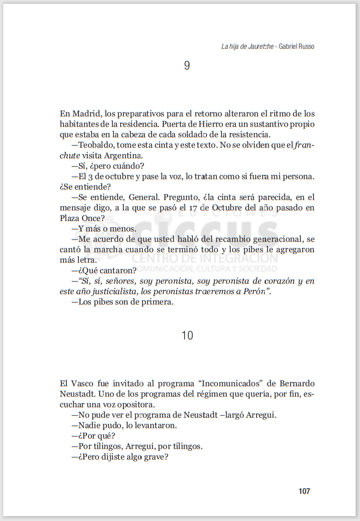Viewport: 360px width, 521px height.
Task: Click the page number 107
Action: pos(304,491)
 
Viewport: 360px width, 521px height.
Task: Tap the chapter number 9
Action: pos(187,66)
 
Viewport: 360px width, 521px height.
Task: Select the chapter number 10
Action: pos(187,336)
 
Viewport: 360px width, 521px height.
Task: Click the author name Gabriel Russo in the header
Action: pos(296,47)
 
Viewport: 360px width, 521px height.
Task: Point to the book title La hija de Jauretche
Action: pos(247,47)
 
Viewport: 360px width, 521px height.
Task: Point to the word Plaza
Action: pos(70,218)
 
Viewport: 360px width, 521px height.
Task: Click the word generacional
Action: pos(275,239)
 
